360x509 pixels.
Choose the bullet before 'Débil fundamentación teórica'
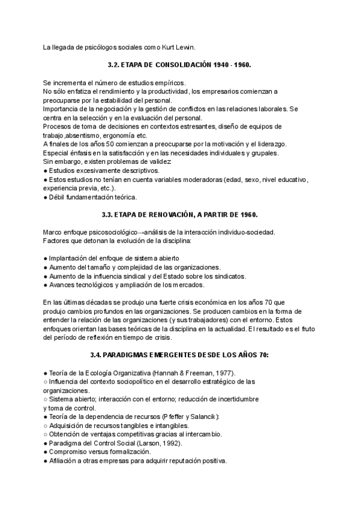[46, 197]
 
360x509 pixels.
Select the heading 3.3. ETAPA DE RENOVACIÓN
[179, 214]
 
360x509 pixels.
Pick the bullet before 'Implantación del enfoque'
[46, 258]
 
